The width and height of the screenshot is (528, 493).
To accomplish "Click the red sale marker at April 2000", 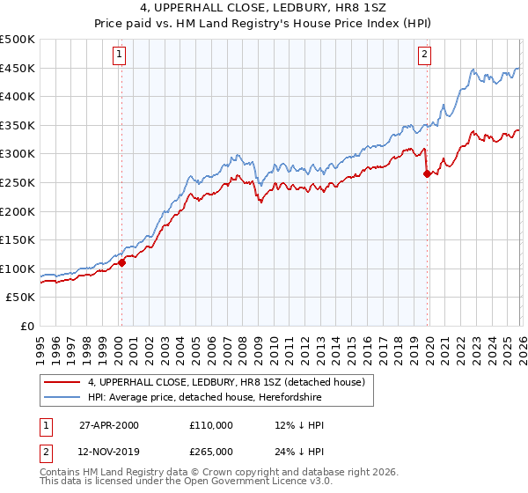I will click(x=121, y=261).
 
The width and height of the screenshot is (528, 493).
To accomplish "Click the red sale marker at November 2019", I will click(x=427, y=173).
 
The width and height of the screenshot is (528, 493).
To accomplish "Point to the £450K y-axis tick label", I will click(x=18, y=69).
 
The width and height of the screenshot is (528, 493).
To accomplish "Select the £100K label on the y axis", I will click(x=18, y=269).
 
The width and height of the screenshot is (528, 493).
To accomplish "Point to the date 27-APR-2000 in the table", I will click(x=108, y=425).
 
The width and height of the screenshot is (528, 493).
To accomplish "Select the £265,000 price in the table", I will click(x=211, y=451).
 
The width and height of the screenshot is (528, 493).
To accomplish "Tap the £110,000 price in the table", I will click(x=211, y=425).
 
